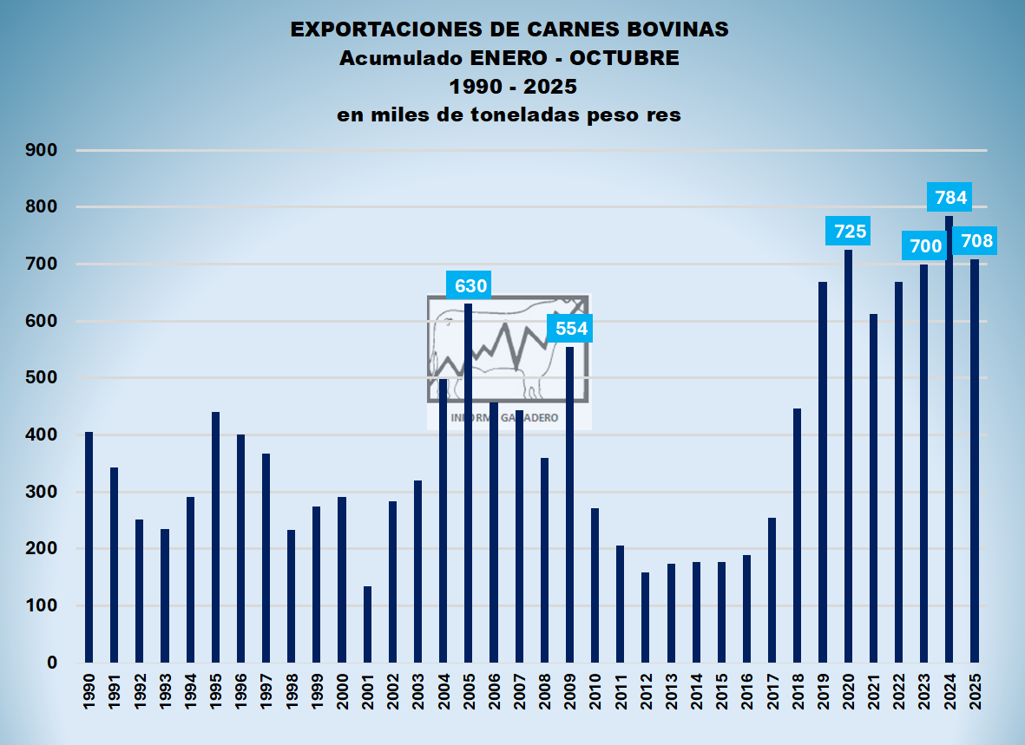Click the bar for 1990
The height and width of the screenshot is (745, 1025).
coord(89,547)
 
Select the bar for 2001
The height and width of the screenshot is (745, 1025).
coord(367,624)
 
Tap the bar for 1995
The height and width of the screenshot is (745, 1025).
coord(215,537)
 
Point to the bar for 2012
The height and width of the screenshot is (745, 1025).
coord(645,617)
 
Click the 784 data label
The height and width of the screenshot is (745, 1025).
coord(949,198)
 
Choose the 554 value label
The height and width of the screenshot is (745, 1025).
coord(571,329)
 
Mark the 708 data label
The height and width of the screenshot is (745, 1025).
coord(974,241)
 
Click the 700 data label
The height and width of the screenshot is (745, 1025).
coord(925,246)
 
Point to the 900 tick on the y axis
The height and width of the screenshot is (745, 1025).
coord(43,150)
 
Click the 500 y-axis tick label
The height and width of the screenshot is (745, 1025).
coord(43,378)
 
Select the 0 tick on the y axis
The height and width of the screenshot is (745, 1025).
coord(52,663)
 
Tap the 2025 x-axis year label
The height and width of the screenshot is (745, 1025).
coord(975,691)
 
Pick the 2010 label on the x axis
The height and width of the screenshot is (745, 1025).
coord(595,691)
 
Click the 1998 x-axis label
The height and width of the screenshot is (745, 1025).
coord(292,691)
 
